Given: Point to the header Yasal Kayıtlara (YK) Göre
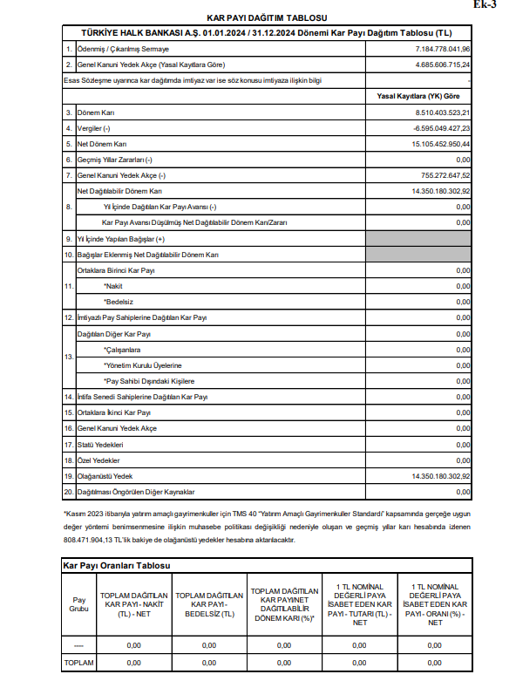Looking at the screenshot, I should pos(422,97).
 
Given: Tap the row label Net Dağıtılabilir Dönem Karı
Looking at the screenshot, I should pos(119,191).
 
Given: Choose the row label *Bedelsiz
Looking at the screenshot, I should pos(119,302).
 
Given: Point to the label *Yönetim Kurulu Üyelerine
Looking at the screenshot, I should pos(143,364).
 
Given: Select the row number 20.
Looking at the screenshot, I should pos(69,492).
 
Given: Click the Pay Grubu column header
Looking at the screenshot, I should pos(79,604).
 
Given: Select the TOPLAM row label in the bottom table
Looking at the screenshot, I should pos(78,663).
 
